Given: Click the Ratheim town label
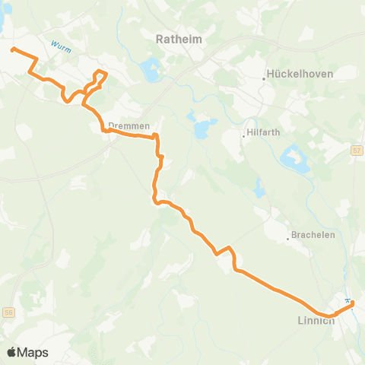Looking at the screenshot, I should point(176,37).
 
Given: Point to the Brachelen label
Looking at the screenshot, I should point(313,235).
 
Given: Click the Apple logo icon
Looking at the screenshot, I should point(11,352).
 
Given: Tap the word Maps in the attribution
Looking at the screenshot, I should point(33,352).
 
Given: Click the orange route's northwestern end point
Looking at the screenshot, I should point(12,50).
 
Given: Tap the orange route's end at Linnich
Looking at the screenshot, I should point(353,307).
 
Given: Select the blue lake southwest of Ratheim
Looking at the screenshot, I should point(149,72).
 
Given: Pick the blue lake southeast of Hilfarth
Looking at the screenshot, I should point(294,157).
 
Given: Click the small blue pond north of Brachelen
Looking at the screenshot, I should point(260,188).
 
